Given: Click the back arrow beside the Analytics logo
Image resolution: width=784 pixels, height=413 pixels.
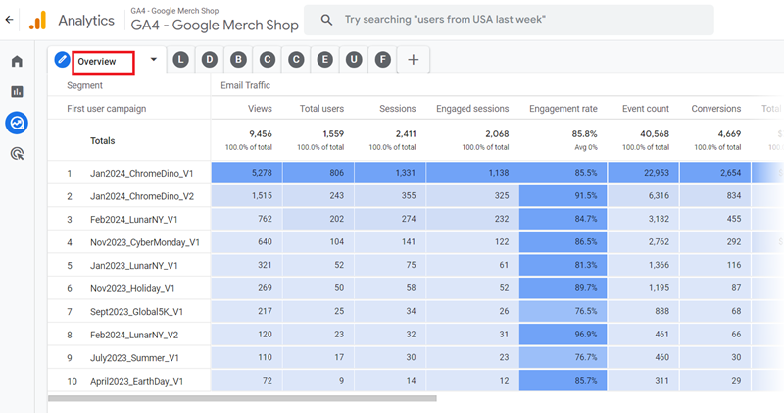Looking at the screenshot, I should (10, 20).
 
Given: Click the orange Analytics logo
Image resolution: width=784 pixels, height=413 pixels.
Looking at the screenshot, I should (37, 20).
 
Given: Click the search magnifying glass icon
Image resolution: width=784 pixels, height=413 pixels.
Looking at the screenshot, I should (326, 20).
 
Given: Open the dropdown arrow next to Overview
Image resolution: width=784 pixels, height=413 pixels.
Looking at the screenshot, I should (153, 60).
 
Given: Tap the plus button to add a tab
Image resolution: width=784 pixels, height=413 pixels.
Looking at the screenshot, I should (413, 60).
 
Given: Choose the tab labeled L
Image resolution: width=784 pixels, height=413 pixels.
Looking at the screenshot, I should (180, 60).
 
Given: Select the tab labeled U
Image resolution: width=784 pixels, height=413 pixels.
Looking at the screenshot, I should (354, 60).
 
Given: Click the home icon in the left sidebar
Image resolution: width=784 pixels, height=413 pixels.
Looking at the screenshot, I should (17, 62).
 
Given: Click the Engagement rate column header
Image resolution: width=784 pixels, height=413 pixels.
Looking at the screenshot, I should (563, 109).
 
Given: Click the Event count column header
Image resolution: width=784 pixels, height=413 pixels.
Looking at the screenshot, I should (645, 109).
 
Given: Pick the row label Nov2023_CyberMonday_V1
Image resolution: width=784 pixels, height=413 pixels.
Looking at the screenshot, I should (145, 242).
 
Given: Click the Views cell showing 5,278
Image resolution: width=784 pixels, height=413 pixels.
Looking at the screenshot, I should (261, 174).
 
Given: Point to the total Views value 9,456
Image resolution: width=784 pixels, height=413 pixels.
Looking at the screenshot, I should (261, 133).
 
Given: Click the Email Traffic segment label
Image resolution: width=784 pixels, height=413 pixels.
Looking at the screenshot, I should (245, 85).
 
